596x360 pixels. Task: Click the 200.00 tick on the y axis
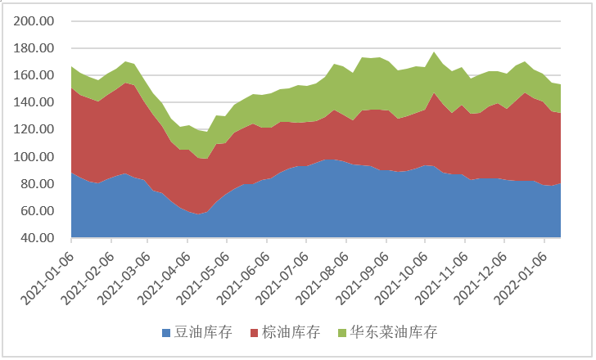click(34, 21)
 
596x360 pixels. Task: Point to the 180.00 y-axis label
click(34, 48)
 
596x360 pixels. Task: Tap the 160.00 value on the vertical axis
click(34, 75)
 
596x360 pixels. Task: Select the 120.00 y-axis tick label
click(34, 129)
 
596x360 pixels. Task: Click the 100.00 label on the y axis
click(34, 156)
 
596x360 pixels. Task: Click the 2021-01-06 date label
click(47, 278)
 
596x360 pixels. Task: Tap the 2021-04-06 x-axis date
click(164, 278)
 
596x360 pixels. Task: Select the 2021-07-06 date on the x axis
click(282, 278)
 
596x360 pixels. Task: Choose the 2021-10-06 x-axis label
click(401, 278)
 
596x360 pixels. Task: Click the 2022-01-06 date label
click(521, 278)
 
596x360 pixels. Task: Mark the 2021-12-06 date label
click(481, 278)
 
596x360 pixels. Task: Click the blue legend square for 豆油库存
click(166, 333)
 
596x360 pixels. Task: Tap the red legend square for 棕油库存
click(255, 333)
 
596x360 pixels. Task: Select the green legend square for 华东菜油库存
click(342, 333)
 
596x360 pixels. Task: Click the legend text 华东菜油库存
click(394, 332)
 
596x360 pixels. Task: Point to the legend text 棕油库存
click(291, 332)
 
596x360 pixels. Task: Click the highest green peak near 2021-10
click(434, 52)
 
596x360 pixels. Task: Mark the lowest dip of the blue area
click(197, 214)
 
